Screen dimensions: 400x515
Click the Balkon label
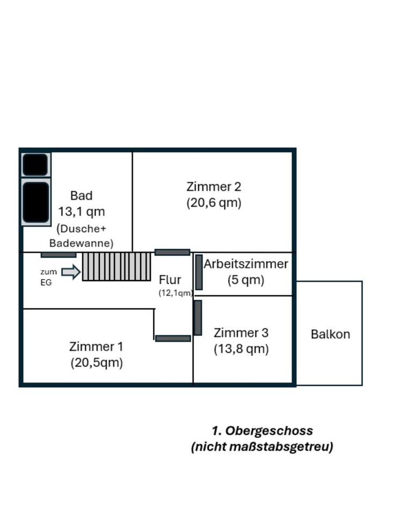click(x=330, y=334)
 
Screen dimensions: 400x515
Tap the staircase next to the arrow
click(x=117, y=267)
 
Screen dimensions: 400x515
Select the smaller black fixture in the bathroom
click(x=35, y=164)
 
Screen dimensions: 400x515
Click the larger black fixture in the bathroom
click(x=36, y=202)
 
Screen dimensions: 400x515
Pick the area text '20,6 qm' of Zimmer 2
click(x=214, y=203)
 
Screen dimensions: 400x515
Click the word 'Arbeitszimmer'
click(x=246, y=264)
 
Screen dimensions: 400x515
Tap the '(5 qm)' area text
click(x=246, y=280)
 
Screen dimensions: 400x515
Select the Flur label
click(x=170, y=280)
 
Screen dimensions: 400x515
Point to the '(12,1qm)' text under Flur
click(x=176, y=293)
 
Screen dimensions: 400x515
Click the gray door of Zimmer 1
click(x=173, y=339)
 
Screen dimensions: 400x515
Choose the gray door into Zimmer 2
click(x=172, y=252)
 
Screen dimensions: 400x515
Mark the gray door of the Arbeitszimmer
click(x=199, y=273)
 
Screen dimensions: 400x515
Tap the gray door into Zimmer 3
click(x=198, y=318)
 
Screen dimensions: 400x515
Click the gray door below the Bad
click(x=59, y=255)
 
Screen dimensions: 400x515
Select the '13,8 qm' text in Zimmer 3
click(x=241, y=349)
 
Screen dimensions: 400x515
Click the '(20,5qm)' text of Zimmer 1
click(x=97, y=363)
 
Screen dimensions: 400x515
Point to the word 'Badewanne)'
click(x=82, y=244)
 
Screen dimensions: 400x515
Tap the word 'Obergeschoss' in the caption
click(x=269, y=431)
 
